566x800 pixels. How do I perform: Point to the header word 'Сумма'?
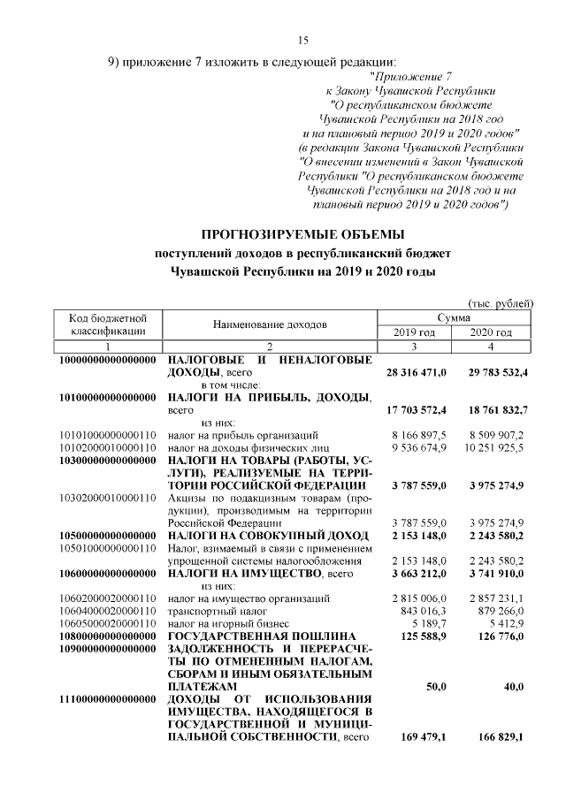(454, 317)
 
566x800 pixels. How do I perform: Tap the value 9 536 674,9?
(419, 447)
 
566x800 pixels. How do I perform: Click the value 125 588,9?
(425, 636)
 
